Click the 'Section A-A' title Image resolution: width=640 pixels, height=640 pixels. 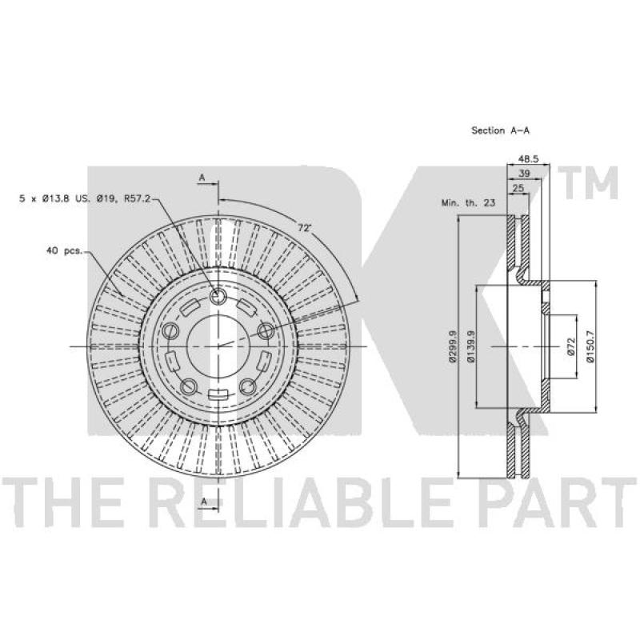pos(501,130)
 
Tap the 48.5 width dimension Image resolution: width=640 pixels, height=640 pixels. pos(528,158)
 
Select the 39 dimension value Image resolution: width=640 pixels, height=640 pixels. pos(524,174)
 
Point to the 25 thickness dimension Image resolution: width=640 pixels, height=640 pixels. pos(518,188)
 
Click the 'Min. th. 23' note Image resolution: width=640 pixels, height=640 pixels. pos(468,203)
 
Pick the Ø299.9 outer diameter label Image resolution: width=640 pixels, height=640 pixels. pos(452,346)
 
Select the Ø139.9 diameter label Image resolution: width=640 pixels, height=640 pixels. pos(470,346)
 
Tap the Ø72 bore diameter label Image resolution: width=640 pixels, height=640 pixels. pos(571,346)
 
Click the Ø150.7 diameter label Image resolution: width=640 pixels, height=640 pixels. pos(590,346)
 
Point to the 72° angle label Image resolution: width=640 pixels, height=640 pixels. pos(305,228)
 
